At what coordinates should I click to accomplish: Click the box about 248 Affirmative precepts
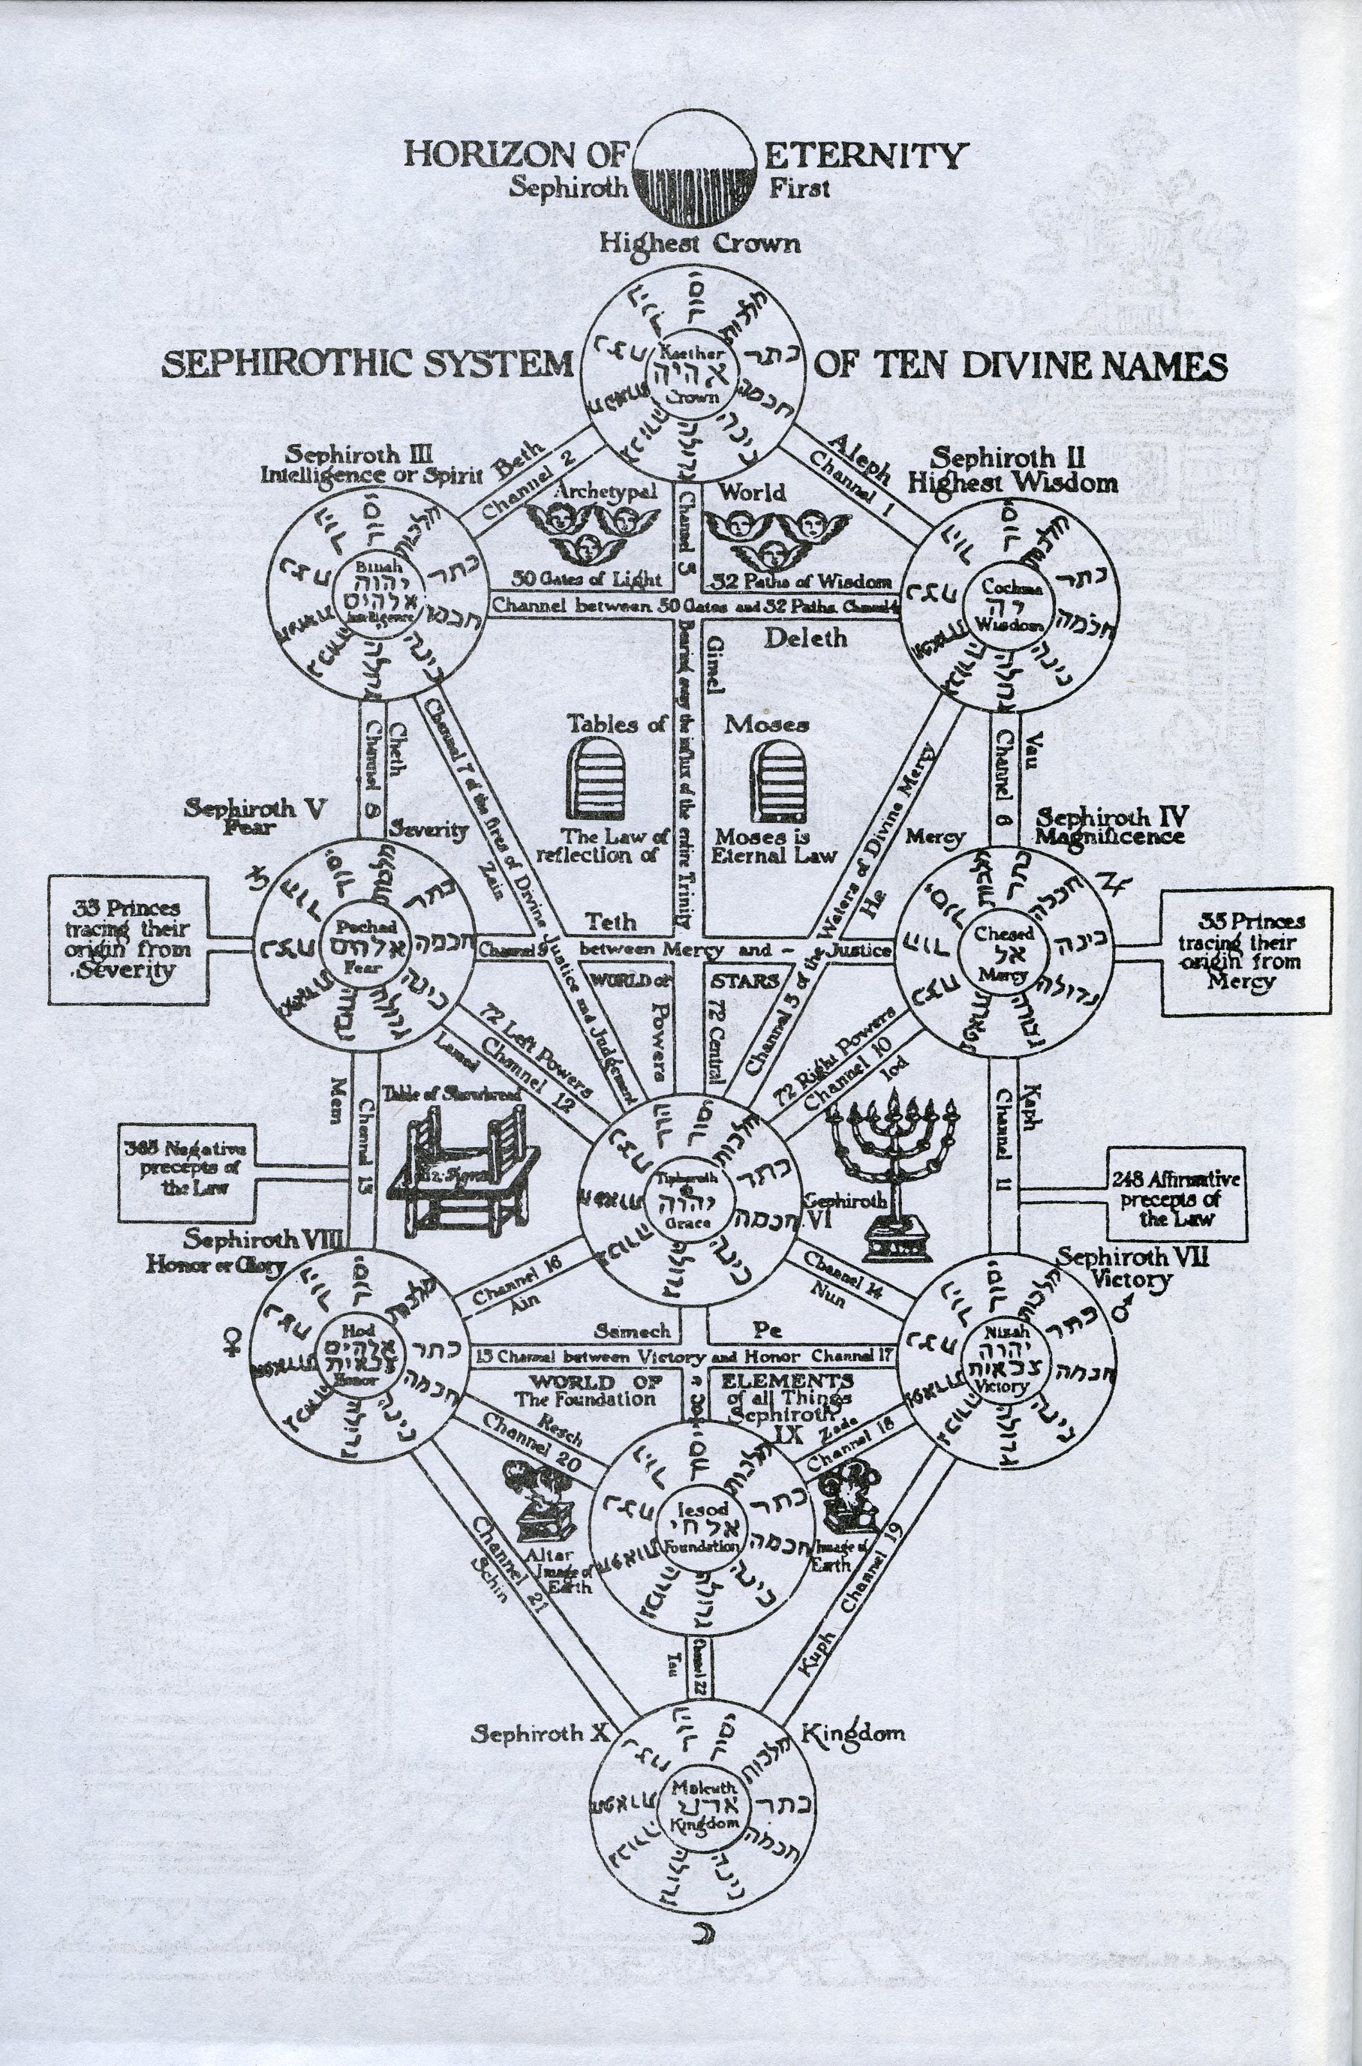pos(1176,1194)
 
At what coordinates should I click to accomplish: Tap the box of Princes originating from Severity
pos(128,940)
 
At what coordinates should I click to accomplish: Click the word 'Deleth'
pos(804,638)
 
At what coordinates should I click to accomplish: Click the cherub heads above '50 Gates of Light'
pos(582,534)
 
